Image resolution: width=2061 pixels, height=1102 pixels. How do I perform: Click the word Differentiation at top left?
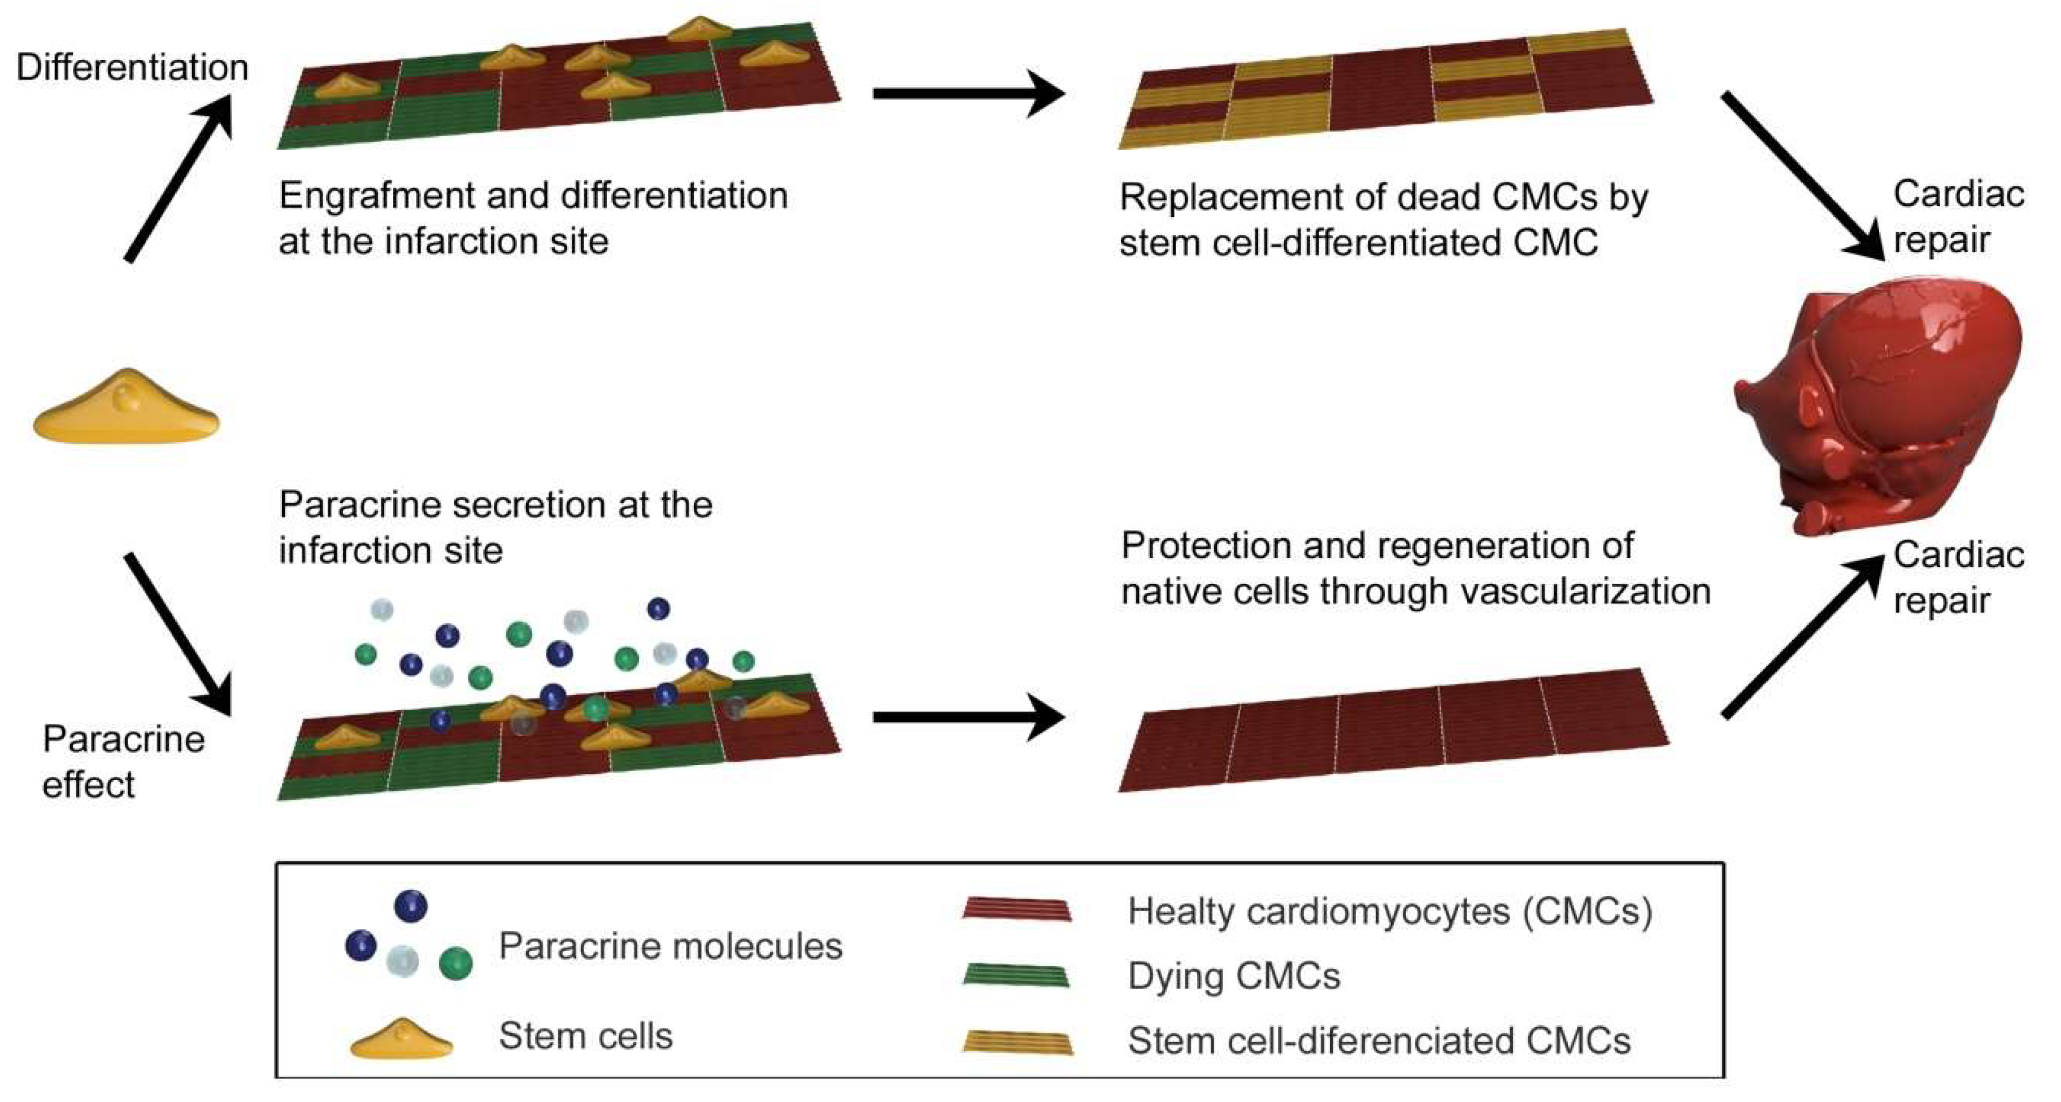click(x=132, y=67)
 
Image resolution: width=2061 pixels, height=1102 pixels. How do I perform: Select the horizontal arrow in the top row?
click(x=969, y=94)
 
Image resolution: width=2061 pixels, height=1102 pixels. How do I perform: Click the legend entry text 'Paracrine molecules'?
click(x=671, y=946)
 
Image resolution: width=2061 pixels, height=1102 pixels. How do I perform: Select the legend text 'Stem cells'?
click(x=586, y=1035)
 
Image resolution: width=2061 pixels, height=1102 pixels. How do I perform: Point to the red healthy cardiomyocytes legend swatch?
click(x=1016, y=910)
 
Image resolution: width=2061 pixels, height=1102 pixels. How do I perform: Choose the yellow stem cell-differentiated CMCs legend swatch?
click(x=1018, y=1041)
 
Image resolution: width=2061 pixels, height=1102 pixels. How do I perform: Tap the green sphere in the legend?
click(x=456, y=963)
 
